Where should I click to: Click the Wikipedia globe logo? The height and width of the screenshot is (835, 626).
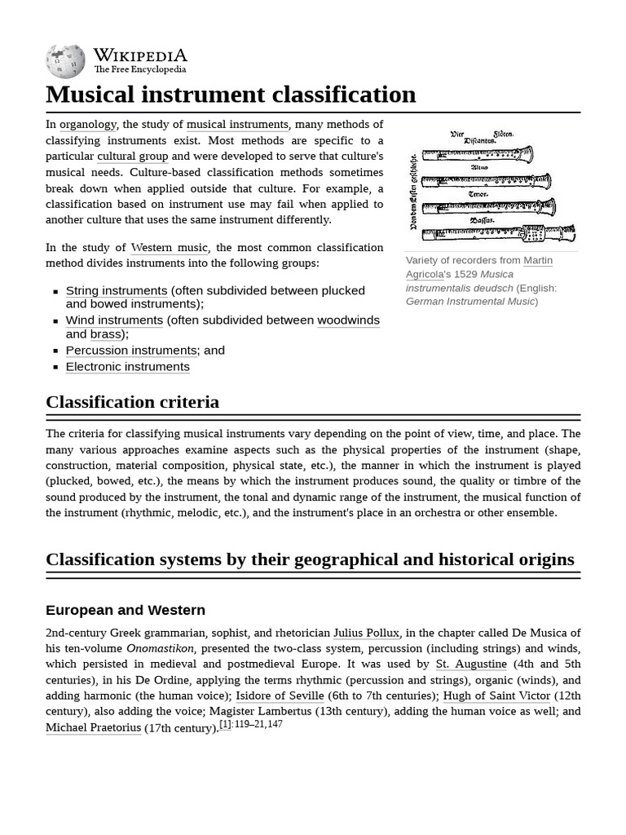[65, 61]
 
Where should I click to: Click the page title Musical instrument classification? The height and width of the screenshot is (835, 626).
[231, 95]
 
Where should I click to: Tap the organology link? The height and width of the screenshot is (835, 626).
[88, 125]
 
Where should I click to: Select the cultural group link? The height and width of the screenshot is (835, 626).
[132, 157]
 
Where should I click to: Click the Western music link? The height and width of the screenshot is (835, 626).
[170, 248]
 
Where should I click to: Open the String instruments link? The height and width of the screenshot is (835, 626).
[117, 291]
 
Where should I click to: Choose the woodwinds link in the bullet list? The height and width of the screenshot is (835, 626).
[348, 320]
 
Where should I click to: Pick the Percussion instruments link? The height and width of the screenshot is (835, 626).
[131, 351]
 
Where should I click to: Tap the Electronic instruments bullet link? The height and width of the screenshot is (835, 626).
[127, 367]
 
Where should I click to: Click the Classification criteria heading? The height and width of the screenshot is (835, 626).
[132, 402]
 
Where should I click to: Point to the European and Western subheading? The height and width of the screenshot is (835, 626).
[126, 610]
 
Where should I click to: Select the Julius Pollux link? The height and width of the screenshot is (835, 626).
[366, 633]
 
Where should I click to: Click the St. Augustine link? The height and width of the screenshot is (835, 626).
[471, 665]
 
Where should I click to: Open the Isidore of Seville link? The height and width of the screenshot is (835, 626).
[280, 696]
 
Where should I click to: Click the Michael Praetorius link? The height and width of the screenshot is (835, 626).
[93, 728]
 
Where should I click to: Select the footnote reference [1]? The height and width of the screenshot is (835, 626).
[226, 724]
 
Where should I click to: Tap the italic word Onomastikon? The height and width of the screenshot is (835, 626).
[160, 649]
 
